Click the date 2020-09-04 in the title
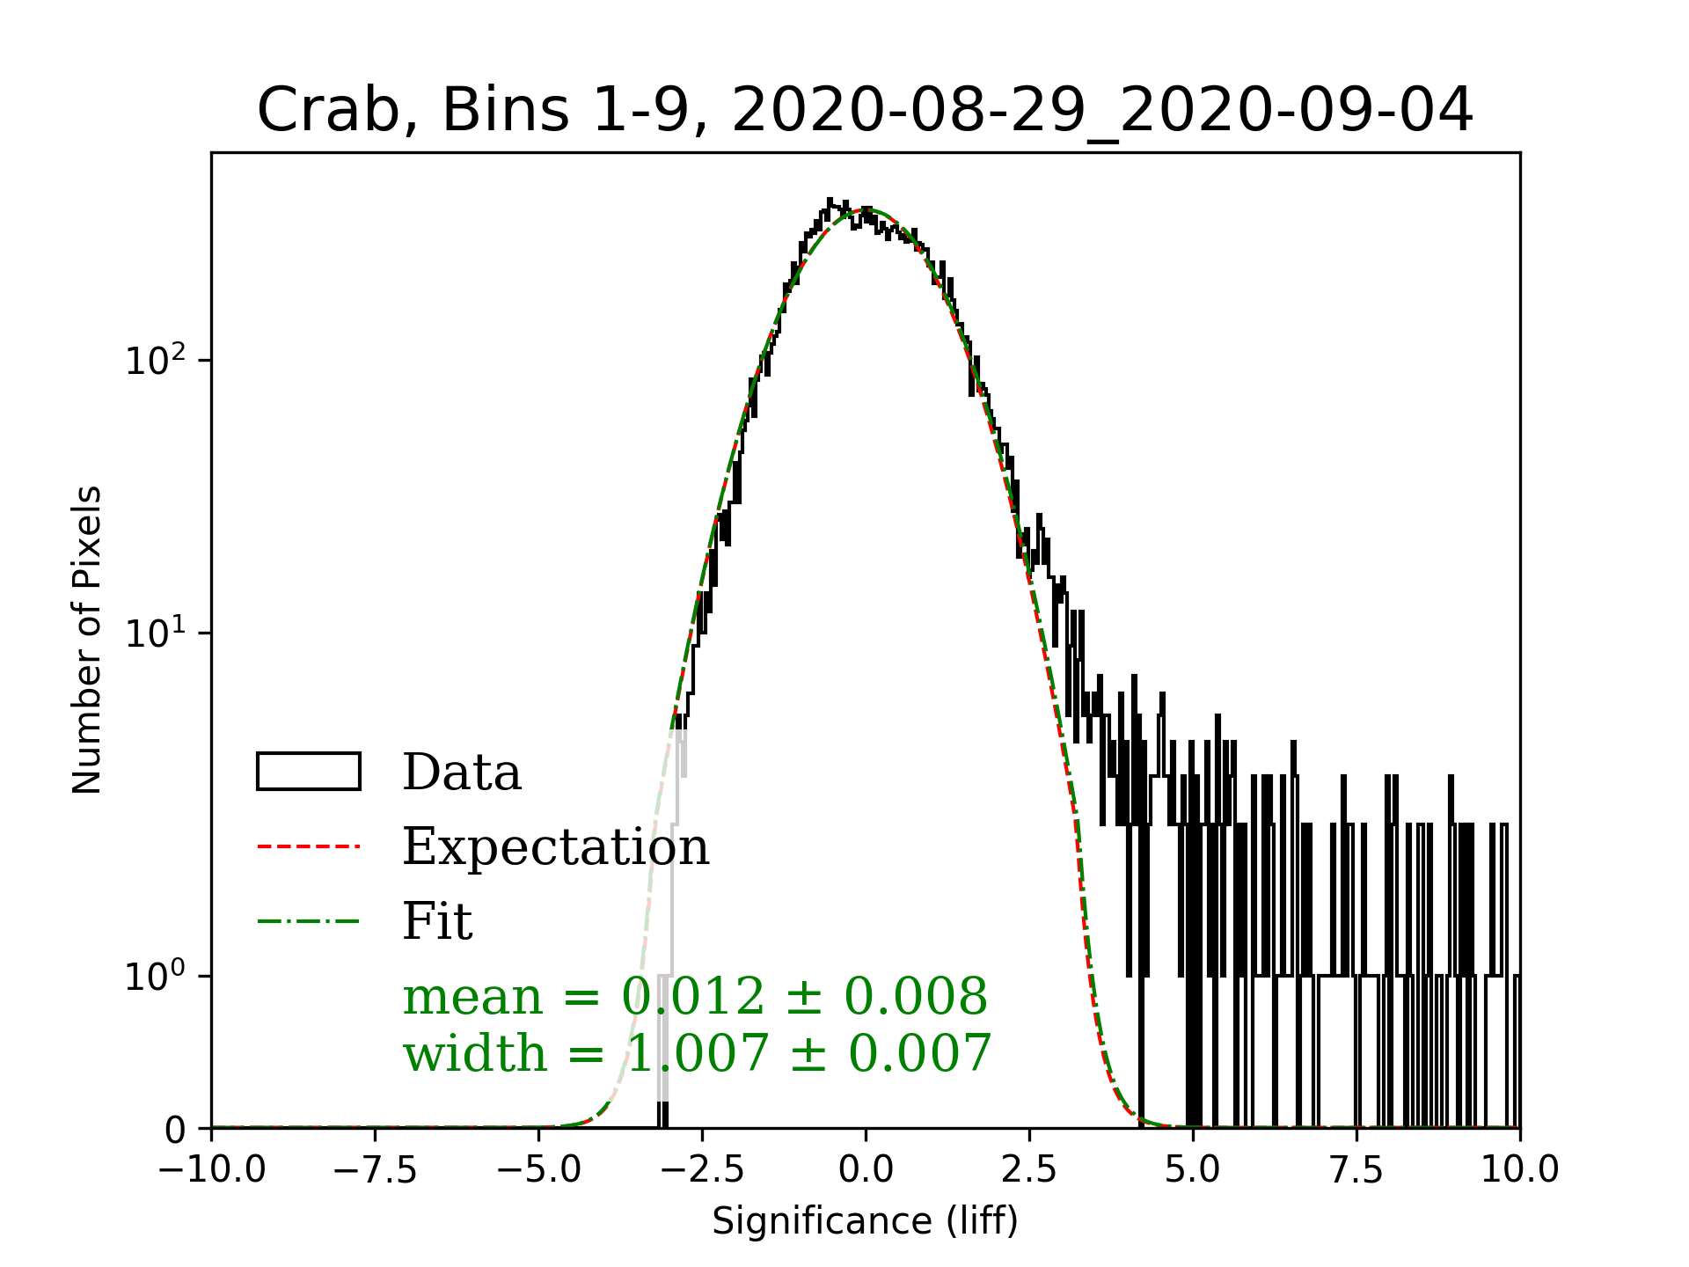tap(1298, 112)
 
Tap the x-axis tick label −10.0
tap(212, 1170)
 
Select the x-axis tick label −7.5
tap(376, 1170)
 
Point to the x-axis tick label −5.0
tap(539, 1170)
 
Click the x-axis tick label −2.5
tap(703, 1170)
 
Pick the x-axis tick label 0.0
tap(866, 1170)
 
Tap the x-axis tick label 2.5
tap(1029, 1170)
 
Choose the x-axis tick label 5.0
tap(1193, 1170)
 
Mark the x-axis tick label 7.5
tap(1356, 1170)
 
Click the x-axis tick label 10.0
tap(1520, 1170)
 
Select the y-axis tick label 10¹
tap(156, 634)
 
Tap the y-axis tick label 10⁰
tap(156, 977)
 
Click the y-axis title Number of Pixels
tap(87, 640)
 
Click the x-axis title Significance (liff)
tap(866, 1222)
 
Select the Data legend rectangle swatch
tap(309, 772)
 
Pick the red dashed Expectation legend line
tap(309, 847)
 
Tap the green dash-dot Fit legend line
tap(309, 922)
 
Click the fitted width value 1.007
tap(698, 1053)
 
